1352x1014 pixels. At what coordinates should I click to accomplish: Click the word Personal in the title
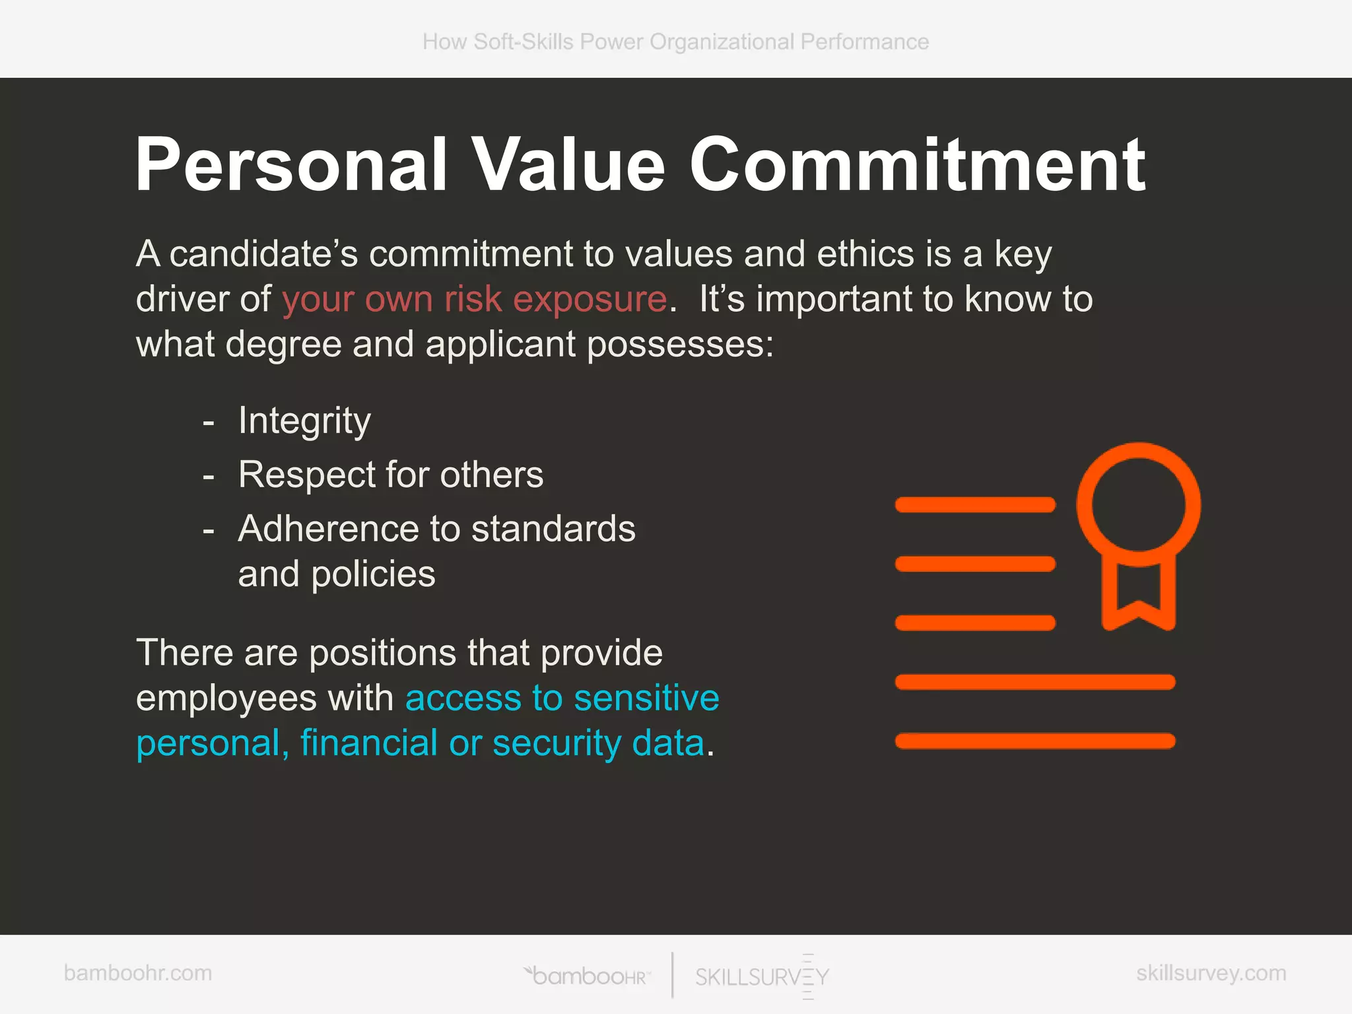291,165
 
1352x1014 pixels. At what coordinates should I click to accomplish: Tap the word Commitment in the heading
918,165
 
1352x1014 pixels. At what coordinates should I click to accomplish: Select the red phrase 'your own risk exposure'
474,299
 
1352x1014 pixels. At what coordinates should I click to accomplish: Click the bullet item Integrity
304,421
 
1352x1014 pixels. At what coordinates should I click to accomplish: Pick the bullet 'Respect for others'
391,475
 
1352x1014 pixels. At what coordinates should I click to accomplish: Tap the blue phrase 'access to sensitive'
562,698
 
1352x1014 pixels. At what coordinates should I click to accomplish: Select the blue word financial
369,743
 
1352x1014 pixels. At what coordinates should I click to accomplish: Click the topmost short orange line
975,505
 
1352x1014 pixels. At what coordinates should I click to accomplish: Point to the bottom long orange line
1034,741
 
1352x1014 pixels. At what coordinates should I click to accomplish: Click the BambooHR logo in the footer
588,976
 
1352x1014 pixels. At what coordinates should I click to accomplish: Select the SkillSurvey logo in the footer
762,976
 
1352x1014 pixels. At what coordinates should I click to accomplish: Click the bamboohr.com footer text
138,973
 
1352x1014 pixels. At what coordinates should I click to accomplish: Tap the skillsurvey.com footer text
1211,973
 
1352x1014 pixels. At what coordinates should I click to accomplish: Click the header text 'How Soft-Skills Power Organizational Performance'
675,42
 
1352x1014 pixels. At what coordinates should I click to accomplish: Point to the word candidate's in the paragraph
263,254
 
